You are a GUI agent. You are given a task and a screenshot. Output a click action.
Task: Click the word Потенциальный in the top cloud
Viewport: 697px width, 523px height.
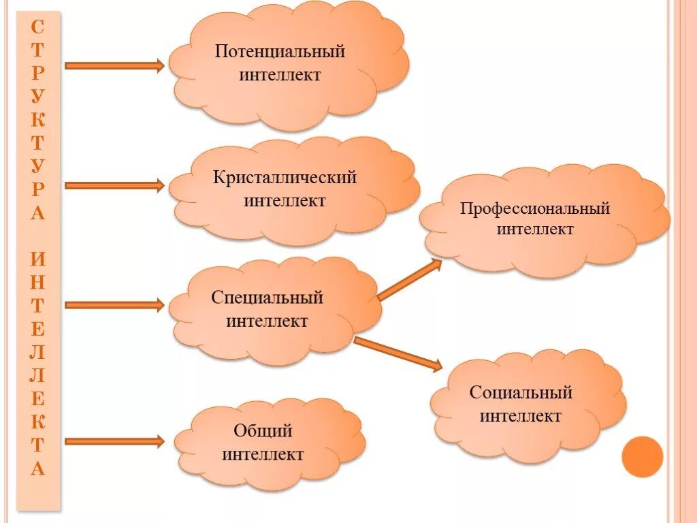click(x=280, y=52)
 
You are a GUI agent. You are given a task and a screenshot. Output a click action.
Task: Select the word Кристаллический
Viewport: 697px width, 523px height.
click(x=285, y=178)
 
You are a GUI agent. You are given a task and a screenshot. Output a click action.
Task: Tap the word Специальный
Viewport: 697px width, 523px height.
click(x=267, y=298)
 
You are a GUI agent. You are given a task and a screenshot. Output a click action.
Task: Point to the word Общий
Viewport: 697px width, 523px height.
click(x=263, y=431)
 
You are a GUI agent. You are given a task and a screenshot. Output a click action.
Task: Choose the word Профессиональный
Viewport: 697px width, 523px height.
click(x=534, y=208)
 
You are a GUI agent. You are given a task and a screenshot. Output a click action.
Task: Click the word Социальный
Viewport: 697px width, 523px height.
click(x=521, y=393)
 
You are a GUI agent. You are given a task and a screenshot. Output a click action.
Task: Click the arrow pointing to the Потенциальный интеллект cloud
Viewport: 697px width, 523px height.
click(x=114, y=65)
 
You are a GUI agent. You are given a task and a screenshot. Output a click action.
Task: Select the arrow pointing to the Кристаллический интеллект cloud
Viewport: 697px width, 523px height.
click(x=114, y=185)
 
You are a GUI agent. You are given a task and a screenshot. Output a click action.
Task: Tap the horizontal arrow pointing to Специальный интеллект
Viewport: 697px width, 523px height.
click(x=114, y=305)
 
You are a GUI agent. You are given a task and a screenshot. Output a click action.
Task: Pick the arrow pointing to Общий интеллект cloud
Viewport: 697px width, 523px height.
click(x=114, y=441)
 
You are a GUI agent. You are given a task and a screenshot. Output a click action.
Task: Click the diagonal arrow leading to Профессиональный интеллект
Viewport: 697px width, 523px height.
click(x=409, y=280)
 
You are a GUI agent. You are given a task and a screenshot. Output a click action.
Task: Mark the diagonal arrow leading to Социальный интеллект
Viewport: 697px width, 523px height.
click(x=398, y=353)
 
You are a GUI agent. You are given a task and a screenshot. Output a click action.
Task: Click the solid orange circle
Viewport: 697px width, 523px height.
click(x=642, y=456)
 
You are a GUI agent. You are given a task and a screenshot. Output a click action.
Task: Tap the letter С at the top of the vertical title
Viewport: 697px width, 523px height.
click(x=38, y=27)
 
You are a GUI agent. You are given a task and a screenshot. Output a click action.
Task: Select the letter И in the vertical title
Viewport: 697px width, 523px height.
click(x=38, y=259)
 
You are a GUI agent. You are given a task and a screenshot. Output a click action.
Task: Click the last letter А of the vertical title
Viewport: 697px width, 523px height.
click(x=38, y=469)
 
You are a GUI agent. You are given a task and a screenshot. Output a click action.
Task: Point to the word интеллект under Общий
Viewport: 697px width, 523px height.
click(x=263, y=454)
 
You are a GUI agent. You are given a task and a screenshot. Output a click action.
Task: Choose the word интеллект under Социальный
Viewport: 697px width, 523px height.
click(x=521, y=416)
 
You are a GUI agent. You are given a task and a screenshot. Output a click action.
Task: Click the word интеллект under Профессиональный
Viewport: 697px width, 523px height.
click(x=534, y=229)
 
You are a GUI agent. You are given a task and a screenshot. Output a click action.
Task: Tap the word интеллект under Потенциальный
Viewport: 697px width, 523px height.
click(x=280, y=74)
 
